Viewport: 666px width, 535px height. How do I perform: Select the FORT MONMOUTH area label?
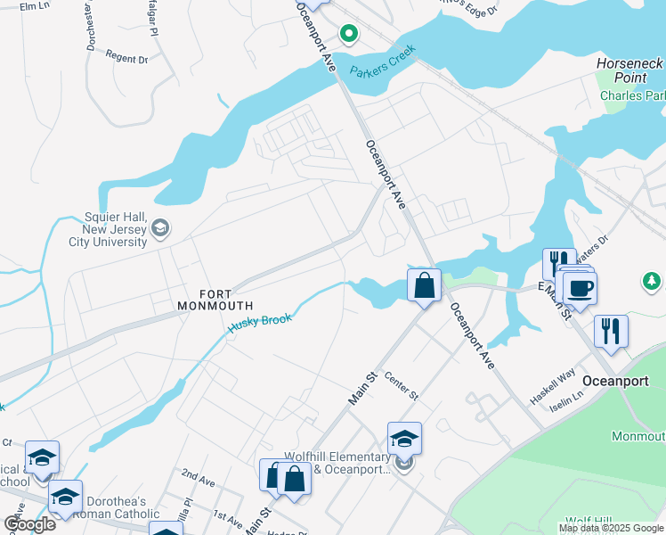pos(215,300)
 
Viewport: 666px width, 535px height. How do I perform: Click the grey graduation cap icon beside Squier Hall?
pos(160,228)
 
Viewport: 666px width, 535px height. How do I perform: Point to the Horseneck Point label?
pos(629,71)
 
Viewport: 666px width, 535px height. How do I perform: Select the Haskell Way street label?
pos(553,390)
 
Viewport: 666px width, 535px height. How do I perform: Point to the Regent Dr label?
pos(126,59)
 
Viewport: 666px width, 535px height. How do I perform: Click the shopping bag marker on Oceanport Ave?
pos(425,287)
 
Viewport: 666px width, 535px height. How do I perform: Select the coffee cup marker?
pos(579,289)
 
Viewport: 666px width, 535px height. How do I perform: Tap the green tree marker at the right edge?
pos(652,282)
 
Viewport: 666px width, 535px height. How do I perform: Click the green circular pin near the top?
pos(349,35)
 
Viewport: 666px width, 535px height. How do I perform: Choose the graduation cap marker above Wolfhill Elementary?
pos(403,439)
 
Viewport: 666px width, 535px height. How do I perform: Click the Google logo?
pos(29,524)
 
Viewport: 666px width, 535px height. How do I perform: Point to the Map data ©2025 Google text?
pos(611,529)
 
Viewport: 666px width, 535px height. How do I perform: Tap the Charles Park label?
pos(632,95)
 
